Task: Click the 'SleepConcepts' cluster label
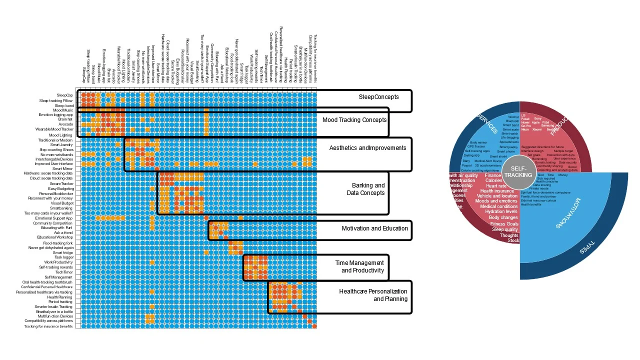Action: pyautogui.click(x=378, y=96)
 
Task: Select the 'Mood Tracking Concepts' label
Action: pyautogui.click(x=354, y=120)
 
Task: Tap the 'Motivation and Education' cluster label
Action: pyautogui.click(x=374, y=228)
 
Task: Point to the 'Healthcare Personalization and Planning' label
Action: pyautogui.click(x=373, y=295)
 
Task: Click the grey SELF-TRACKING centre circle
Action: pyautogui.click(x=518, y=172)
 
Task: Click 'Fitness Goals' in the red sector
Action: pyautogui.click(x=504, y=224)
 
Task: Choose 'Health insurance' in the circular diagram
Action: pyautogui.click(x=497, y=191)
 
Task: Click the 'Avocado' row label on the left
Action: pyautogui.click(x=65, y=125)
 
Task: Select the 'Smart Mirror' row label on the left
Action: pyautogui.click(x=63, y=169)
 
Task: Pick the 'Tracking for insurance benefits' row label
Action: pyautogui.click(x=48, y=326)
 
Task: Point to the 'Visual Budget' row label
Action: pyautogui.click(x=62, y=203)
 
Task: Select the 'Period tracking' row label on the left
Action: pyautogui.click(x=60, y=302)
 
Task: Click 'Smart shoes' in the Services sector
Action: pyautogui.click(x=498, y=156)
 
